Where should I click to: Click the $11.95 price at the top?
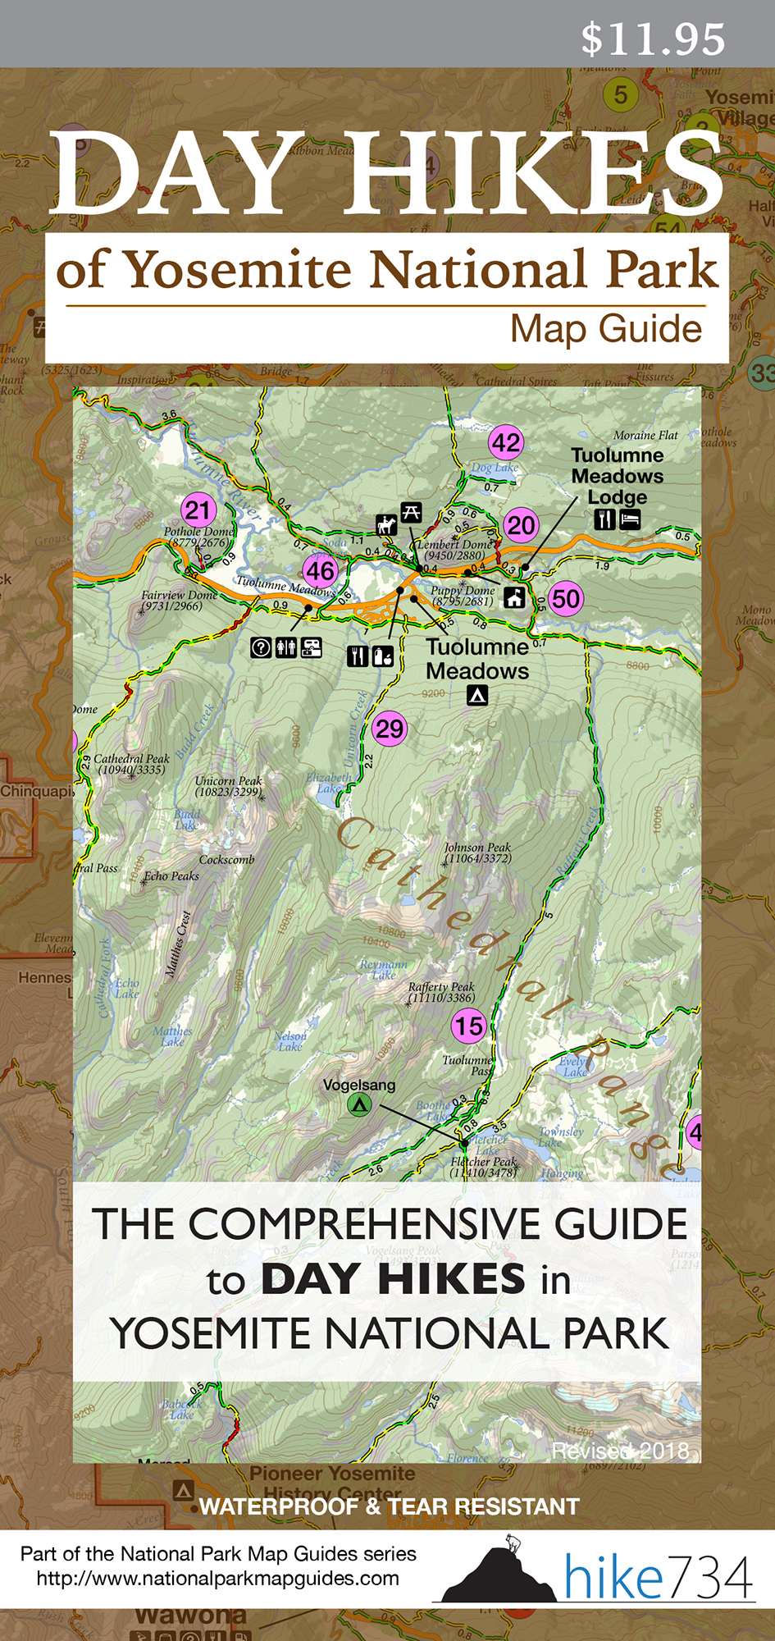[x=653, y=39]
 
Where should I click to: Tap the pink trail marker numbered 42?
[x=506, y=443]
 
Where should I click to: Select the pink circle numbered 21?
[x=198, y=510]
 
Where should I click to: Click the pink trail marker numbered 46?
[x=320, y=571]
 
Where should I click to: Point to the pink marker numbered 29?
[x=390, y=729]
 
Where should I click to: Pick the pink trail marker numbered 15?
[x=469, y=1026]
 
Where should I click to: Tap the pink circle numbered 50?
[x=565, y=598]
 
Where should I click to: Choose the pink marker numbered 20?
[x=521, y=525]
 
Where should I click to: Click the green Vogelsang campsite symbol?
[x=359, y=1104]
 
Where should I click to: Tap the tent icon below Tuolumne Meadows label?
[x=477, y=696]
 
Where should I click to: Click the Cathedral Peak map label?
[x=131, y=764]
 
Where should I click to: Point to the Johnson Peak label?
[x=477, y=852]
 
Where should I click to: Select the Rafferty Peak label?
[x=441, y=992]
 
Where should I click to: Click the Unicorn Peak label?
[x=229, y=786]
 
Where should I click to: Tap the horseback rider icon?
[x=386, y=523]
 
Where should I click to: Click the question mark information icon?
[x=261, y=647]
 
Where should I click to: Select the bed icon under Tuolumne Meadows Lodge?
[x=630, y=519]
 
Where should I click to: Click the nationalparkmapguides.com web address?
[x=218, y=1579]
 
